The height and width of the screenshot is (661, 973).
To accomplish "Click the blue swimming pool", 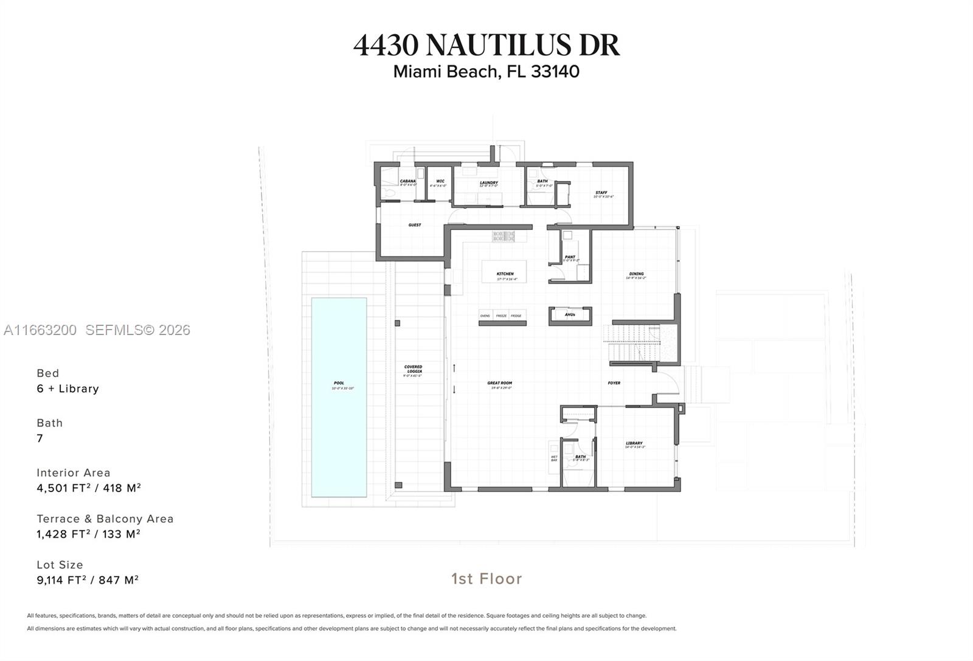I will pyautogui.click(x=339, y=397).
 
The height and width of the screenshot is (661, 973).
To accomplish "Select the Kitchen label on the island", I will pyautogui.click(x=505, y=274).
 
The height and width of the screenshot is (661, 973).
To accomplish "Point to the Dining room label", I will pyautogui.click(x=636, y=275).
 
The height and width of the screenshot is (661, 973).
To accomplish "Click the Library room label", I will pyautogui.click(x=634, y=444).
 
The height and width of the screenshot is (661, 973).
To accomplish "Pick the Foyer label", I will pyautogui.click(x=614, y=383).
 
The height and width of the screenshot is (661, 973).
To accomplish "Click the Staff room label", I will pyautogui.click(x=601, y=193).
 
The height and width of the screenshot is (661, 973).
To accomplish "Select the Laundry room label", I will pyautogui.click(x=489, y=183).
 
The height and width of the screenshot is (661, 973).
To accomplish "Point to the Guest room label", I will pyautogui.click(x=415, y=225).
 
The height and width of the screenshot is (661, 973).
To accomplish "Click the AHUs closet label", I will pyautogui.click(x=570, y=315).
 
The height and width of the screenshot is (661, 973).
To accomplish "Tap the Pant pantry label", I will pyautogui.click(x=570, y=257).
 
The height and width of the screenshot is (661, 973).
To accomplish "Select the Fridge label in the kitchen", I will pyautogui.click(x=516, y=316).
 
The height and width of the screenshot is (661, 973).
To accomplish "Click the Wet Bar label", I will pyautogui.click(x=554, y=458).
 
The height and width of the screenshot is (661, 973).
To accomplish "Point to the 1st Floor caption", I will pyautogui.click(x=486, y=578).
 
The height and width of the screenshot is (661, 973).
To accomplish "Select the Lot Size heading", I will pyautogui.click(x=60, y=565).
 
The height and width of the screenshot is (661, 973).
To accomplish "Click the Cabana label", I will pyautogui.click(x=407, y=181).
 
